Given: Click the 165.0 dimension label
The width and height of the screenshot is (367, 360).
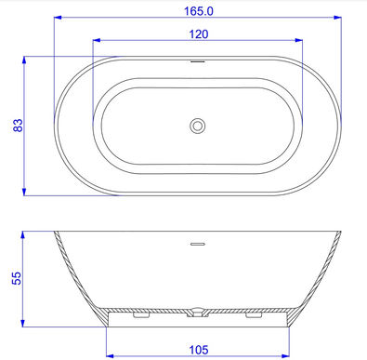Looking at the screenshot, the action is click(199, 11).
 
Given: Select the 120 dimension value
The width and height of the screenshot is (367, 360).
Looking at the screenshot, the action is click(199, 34).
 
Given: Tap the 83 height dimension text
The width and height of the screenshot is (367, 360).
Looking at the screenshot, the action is click(18, 126).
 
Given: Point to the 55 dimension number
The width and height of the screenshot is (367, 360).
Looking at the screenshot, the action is click(17, 278).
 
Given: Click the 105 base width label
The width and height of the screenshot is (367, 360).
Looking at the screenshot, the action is click(199, 350).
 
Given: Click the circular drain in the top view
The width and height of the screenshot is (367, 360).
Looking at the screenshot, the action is click(197, 126).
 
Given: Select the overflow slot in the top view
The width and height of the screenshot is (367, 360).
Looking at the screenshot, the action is click(198, 61).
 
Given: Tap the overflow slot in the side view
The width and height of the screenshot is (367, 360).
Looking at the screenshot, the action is click(198, 244).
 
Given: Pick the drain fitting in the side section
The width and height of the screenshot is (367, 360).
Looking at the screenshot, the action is click(197, 312).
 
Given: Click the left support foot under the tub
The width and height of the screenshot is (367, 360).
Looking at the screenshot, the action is click(141, 314).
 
